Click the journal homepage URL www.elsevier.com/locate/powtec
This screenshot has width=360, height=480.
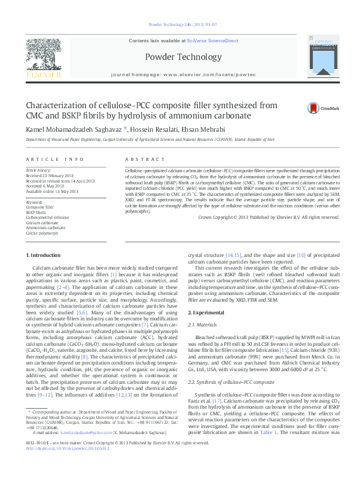click(x=197, y=79)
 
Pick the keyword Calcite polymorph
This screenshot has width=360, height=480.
click(x=42, y=233)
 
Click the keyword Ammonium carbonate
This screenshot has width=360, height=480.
click(x=45, y=227)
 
